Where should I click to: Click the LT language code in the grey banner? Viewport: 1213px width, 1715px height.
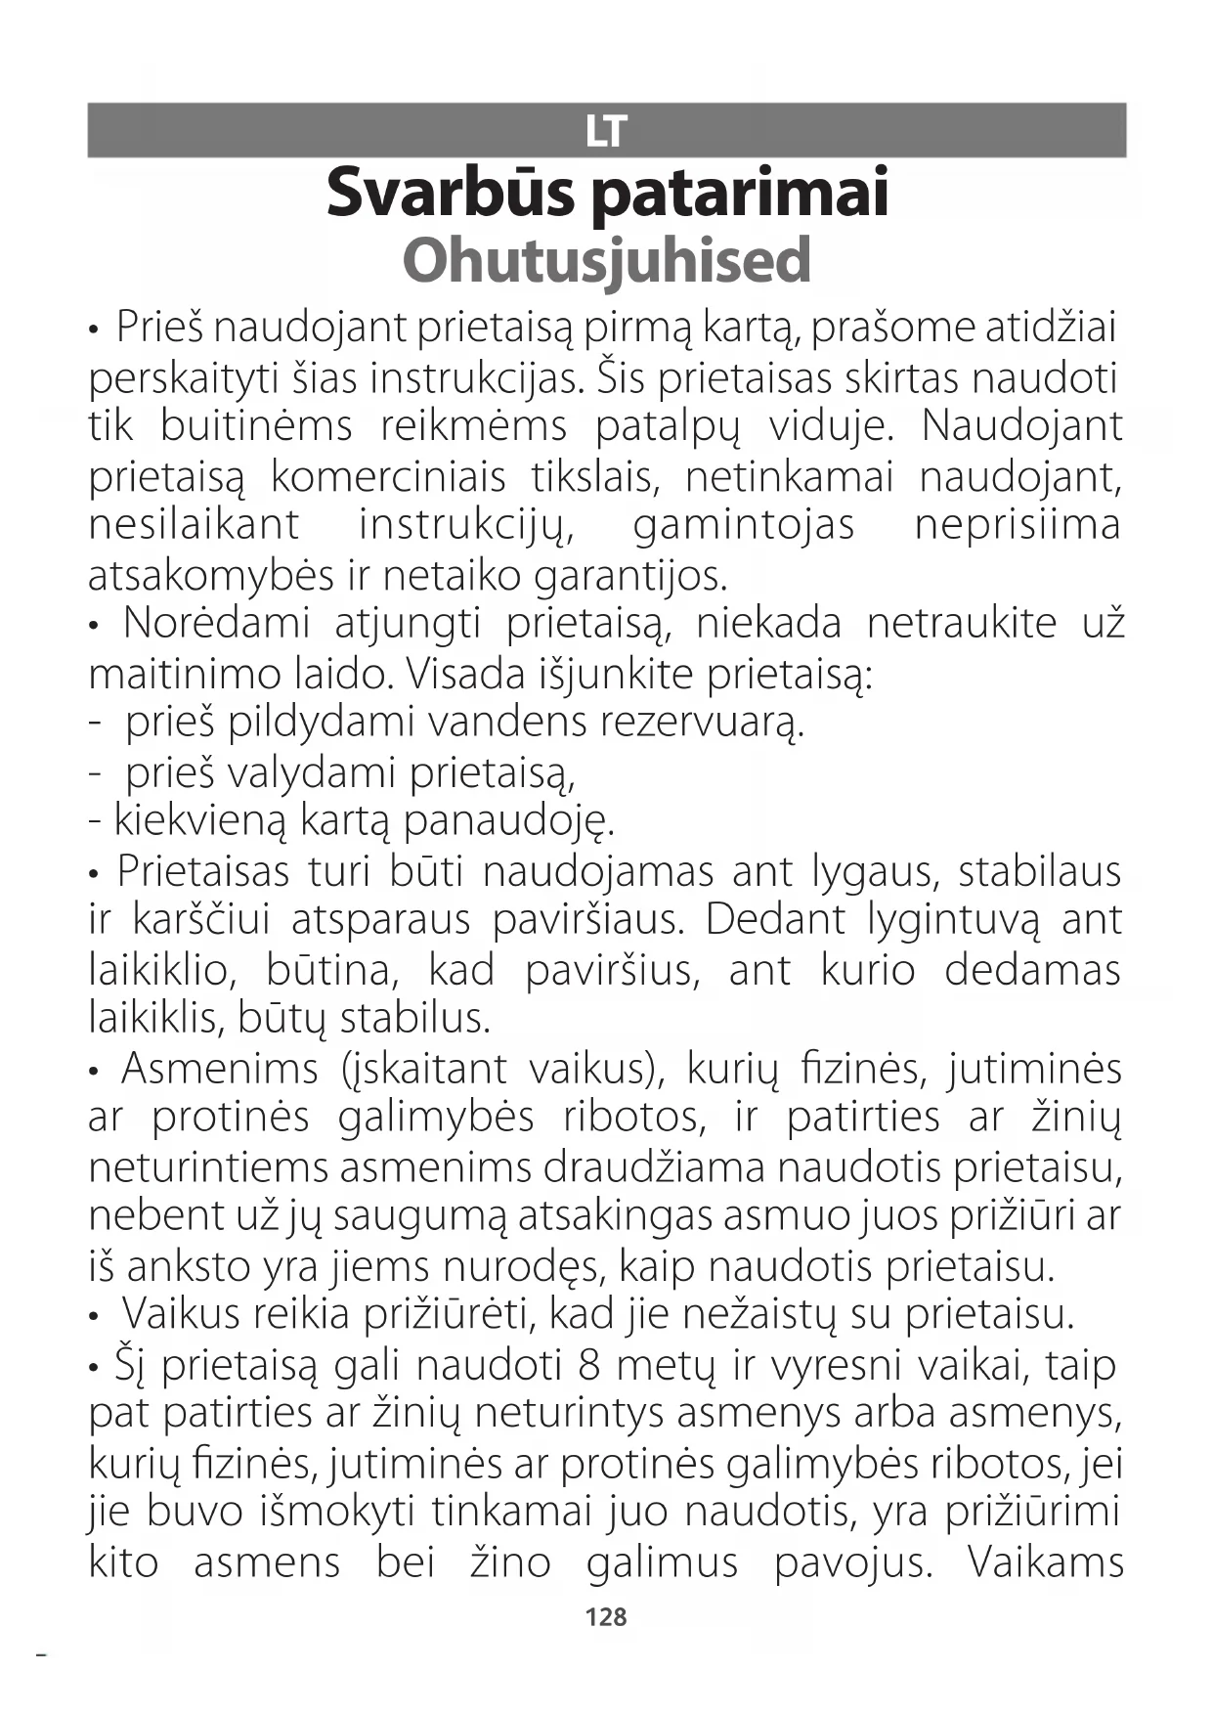[x=606, y=131]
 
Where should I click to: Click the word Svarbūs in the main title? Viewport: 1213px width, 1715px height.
[x=451, y=192]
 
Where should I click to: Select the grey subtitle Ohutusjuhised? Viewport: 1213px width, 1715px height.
[x=607, y=260]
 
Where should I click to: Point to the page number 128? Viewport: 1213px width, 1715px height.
[x=606, y=1617]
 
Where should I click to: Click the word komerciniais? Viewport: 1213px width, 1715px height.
[x=388, y=477]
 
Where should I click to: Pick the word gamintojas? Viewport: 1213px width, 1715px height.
[x=744, y=526]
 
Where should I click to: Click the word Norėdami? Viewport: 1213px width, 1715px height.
[x=216, y=624]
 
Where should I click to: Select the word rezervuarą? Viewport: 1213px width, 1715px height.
[x=701, y=724]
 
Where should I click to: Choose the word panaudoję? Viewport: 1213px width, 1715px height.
[x=508, y=822]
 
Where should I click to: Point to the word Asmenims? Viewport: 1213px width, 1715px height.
[x=220, y=1069]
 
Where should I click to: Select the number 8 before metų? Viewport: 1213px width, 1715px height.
[x=588, y=1365]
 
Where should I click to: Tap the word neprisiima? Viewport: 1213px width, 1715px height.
[x=1017, y=526]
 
